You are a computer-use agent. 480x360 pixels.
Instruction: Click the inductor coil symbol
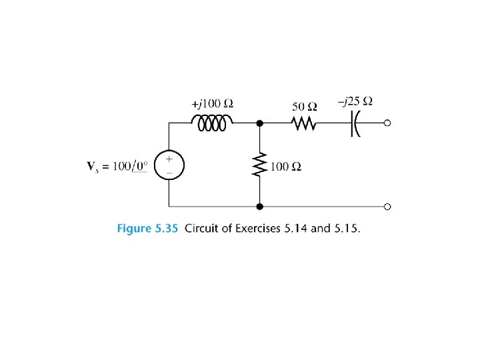(x=211, y=123)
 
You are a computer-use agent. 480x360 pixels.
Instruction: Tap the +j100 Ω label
(x=212, y=104)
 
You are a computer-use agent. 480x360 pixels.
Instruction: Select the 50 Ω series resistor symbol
(x=305, y=123)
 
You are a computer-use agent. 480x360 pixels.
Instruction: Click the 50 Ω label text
(x=305, y=107)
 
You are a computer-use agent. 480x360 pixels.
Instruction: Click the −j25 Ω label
(x=355, y=102)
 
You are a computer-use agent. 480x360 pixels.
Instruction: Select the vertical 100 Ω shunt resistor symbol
(x=259, y=165)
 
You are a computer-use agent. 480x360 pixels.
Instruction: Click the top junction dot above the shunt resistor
(x=259, y=123)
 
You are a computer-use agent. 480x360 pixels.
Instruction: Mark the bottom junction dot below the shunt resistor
(x=259, y=207)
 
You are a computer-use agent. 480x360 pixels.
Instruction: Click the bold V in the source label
(x=91, y=165)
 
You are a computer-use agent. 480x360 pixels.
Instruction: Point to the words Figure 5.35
(x=147, y=229)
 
